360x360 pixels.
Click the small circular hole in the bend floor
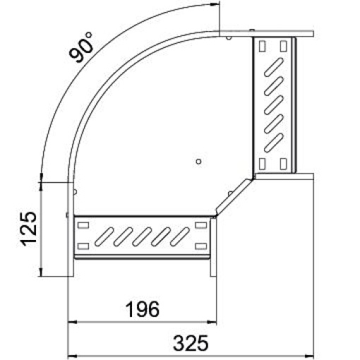(198, 162)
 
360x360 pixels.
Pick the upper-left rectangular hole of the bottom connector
(83, 226)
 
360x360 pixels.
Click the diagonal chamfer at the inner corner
(233, 195)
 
